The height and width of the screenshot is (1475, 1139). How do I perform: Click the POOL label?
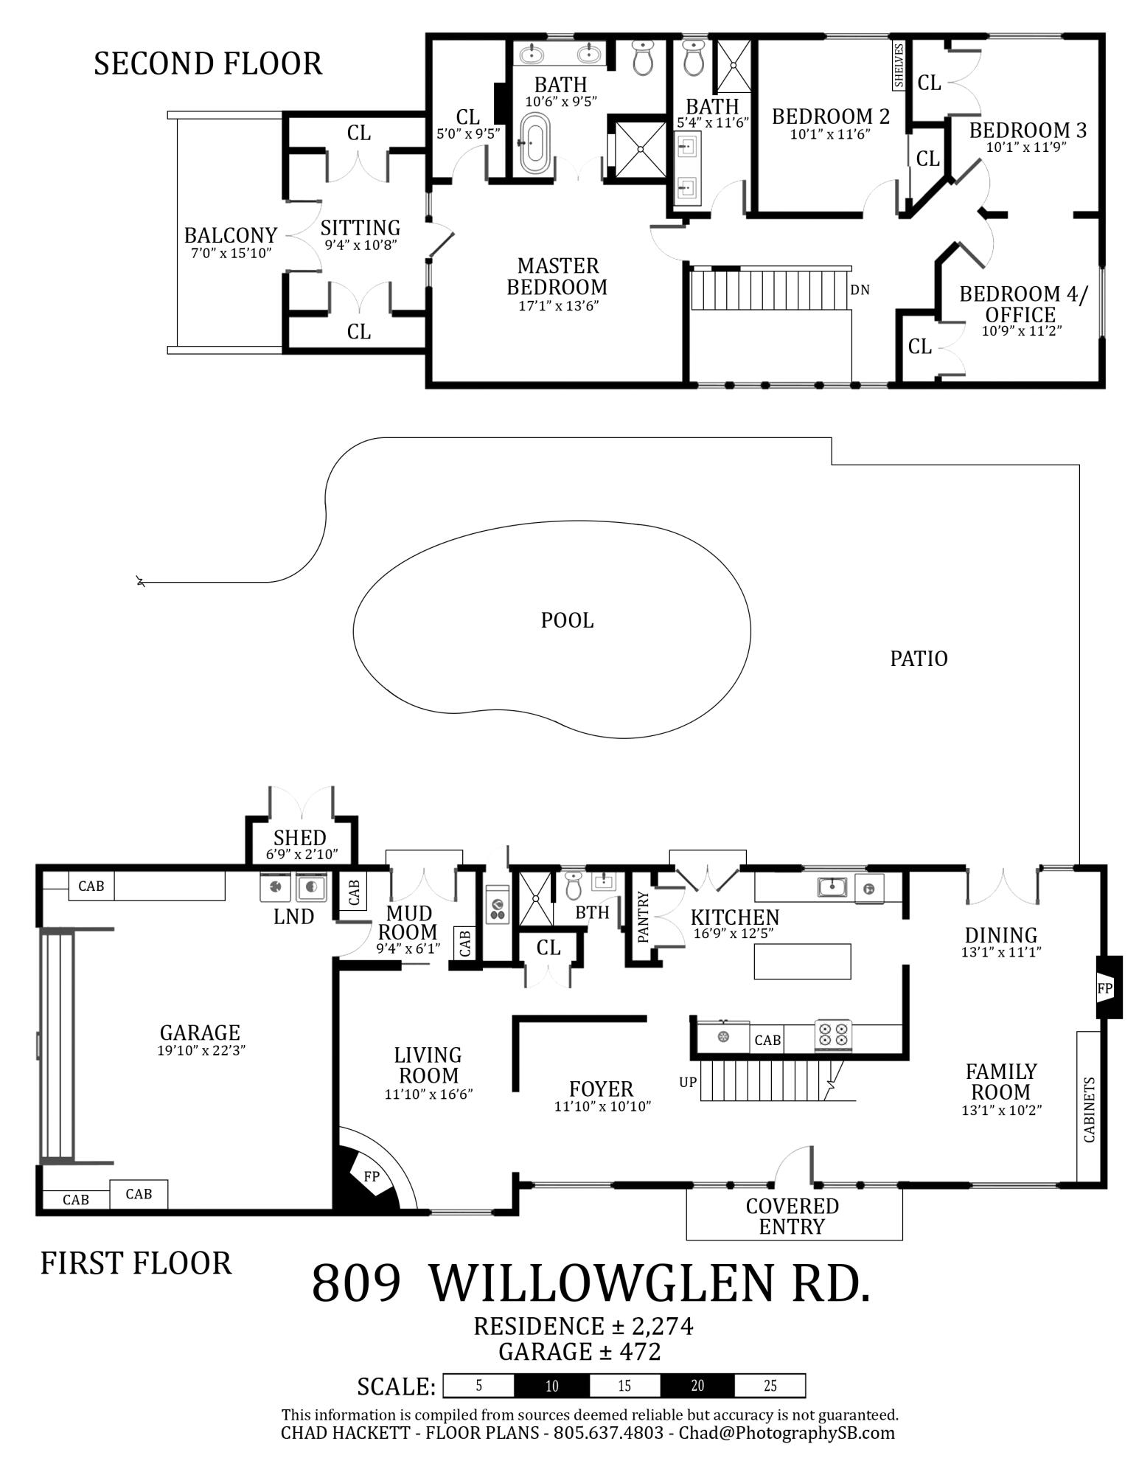click(x=567, y=620)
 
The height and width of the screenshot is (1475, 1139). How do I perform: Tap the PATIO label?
click(x=919, y=658)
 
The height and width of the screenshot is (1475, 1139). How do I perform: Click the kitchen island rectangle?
click(x=802, y=961)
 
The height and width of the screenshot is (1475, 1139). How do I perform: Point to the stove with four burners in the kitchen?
click(x=833, y=1035)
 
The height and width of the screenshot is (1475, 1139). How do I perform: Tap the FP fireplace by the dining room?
click(x=1104, y=988)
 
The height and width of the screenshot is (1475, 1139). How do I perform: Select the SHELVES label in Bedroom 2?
click(x=899, y=66)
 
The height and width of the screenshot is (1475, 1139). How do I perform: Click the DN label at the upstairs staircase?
click(x=860, y=290)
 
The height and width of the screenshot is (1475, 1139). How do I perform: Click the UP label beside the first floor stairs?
click(x=687, y=1083)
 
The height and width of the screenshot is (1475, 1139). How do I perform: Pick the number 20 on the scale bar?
click(x=697, y=1386)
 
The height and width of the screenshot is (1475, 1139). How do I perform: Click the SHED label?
click(x=299, y=838)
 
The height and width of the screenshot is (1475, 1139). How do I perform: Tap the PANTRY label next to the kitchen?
click(x=643, y=917)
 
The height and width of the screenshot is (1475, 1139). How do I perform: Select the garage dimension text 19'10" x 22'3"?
click(x=201, y=1050)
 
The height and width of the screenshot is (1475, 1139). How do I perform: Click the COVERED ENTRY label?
click(x=792, y=1216)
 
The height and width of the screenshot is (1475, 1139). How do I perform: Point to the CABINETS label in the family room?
click(x=1089, y=1109)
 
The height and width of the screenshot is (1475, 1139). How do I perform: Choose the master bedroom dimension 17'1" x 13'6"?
click(x=557, y=305)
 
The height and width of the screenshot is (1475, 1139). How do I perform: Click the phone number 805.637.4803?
click(x=608, y=1433)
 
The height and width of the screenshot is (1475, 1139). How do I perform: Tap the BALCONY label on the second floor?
click(x=230, y=235)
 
